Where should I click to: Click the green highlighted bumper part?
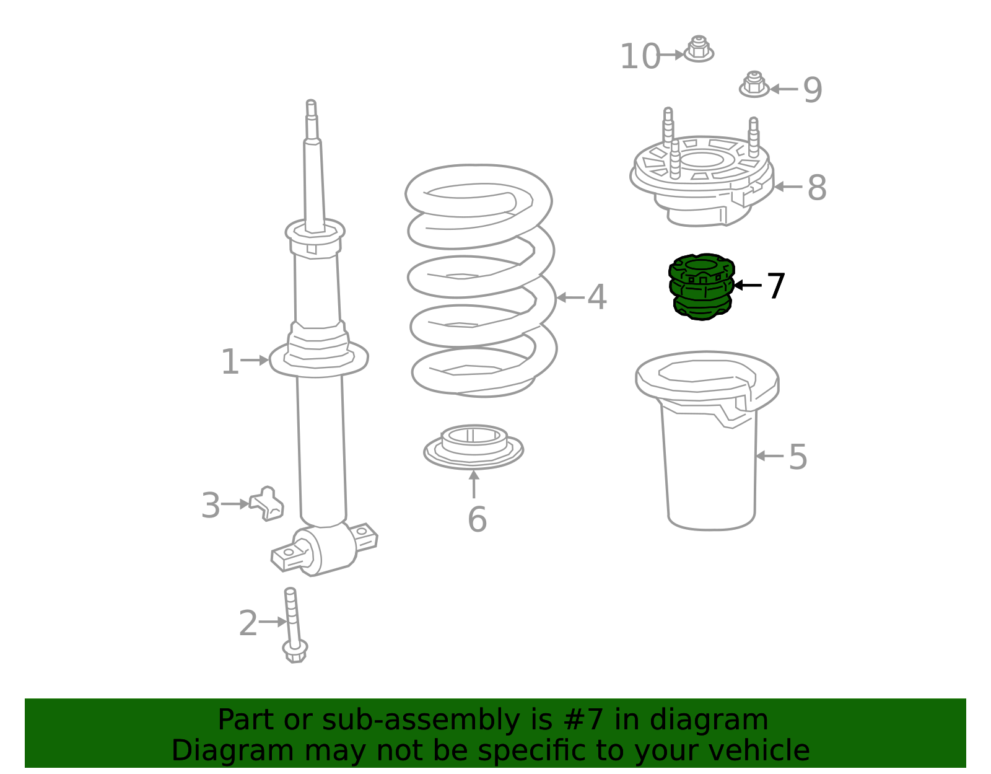click(x=701, y=287)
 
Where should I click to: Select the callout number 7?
click(x=775, y=286)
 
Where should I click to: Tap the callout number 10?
click(x=640, y=56)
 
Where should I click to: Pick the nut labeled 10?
click(x=699, y=49)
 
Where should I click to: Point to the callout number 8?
click(x=817, y=187)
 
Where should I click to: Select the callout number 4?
click(x=597, y=297)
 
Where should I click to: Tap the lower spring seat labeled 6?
click(x=473, y=447)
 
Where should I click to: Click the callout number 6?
click(x=477, y=519)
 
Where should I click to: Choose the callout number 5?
click(x=798, y=457)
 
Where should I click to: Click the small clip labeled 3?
click(x=267, y=504)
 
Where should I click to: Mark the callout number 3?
click(x=211, y=505)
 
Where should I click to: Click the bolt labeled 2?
click(x=294, y=625)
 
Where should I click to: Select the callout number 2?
click(x=248, y=623)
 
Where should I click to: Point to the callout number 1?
click(x=230, y=362)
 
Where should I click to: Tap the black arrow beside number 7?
click(x=748, y=285)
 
